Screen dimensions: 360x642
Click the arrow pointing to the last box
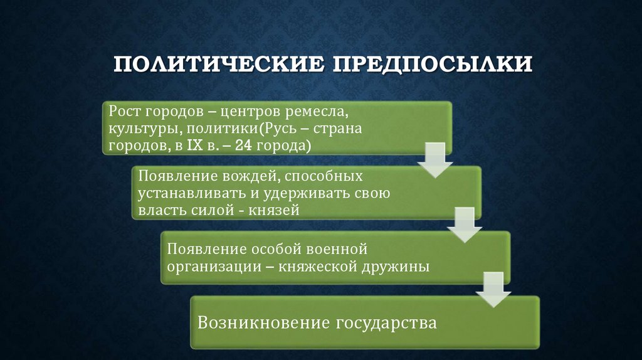[x=493, y=290]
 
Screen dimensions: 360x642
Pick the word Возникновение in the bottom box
[x=263, y=323]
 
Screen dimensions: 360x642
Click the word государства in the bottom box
[x=386, y=323]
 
